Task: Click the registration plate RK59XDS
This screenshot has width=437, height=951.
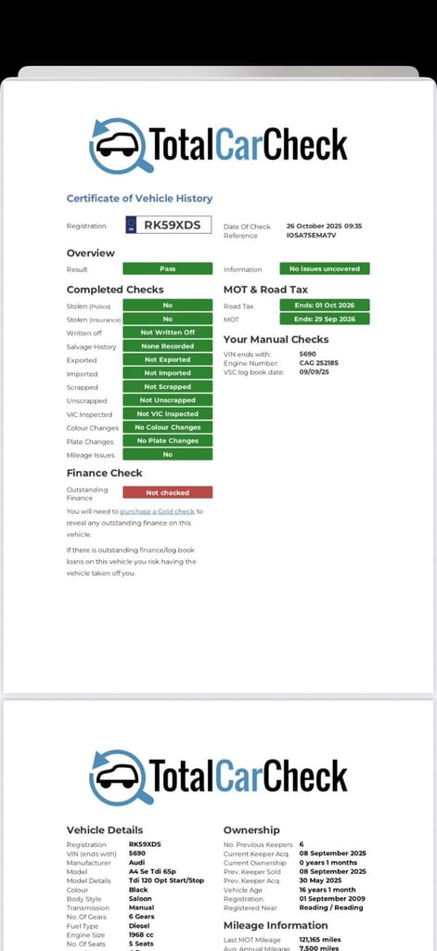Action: (x=169, y=225)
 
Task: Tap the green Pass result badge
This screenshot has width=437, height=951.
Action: (x=167, y=268)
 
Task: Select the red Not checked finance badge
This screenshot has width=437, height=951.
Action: (x=167, y=492)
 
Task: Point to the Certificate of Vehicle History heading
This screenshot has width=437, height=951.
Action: (x=139, y=198)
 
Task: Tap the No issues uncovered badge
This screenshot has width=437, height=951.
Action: (x=325, y=268)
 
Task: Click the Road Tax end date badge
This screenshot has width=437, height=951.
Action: (x=325, y=305)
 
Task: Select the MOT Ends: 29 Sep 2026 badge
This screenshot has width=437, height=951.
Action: (x=325, y=319)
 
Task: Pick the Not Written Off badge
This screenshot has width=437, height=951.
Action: (x=167, y=332)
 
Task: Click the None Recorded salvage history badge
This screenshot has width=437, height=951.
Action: (x=167, y=346)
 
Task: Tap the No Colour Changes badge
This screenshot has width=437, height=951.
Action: (x=167, y=427)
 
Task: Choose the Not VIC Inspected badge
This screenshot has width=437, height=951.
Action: (x=167, y=414)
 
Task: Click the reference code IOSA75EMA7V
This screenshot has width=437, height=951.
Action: (x=311, y=235)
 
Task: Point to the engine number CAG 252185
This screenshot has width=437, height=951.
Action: (x=319, y=362)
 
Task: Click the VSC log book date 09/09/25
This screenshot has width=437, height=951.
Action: (x=315, y=371)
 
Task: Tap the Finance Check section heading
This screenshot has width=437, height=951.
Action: (x=104, y=473)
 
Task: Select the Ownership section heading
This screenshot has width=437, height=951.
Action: (x=251, y=829)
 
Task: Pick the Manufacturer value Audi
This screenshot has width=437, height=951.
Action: (x=136, y=863)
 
